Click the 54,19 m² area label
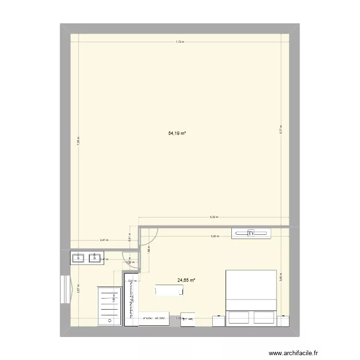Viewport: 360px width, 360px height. pos(177,133)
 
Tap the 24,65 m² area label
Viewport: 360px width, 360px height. pos(186,280)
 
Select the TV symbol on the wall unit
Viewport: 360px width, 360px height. pos(251,233)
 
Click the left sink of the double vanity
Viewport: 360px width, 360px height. pos(79,258)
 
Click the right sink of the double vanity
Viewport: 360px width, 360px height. pos(96,258)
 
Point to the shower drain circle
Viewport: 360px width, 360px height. pos(110,321)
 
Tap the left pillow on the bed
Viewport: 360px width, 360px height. pos(239,317)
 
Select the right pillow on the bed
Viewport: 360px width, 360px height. pos(265,317)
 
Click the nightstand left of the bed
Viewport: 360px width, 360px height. pos(218,321)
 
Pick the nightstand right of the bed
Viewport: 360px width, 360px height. pos(285,321)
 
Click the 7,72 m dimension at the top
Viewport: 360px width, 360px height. pos(180,42)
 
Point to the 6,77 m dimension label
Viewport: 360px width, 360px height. pos(282,128)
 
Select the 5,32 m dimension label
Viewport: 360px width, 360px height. pos(214,217)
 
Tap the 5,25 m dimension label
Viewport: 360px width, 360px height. pos(214,236)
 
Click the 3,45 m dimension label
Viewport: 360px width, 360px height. pos(281,276)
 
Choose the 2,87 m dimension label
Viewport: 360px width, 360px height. pos(78,290)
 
